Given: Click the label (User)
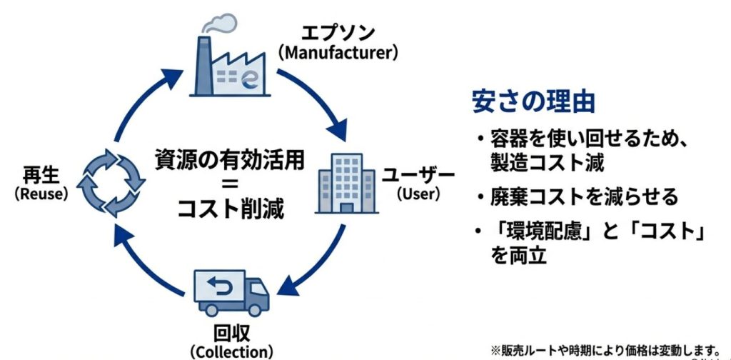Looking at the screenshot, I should (x=418, y=194).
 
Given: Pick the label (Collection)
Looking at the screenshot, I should (x=232, y=351).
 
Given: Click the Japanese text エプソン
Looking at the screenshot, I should (x=339, y=34).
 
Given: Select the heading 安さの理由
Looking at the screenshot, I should (x=533, y=101).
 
